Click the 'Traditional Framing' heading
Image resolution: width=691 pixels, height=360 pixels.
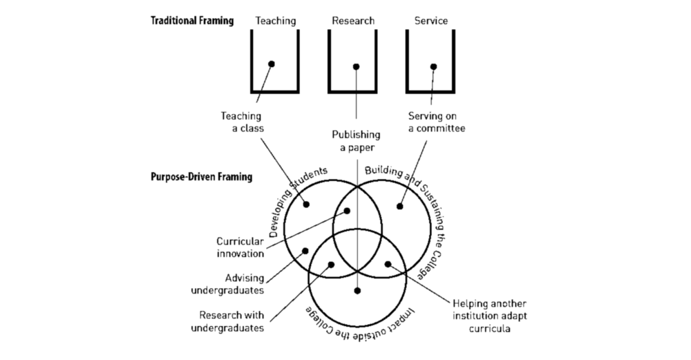coord(192,21)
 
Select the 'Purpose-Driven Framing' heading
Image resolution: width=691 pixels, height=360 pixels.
coord(201,177)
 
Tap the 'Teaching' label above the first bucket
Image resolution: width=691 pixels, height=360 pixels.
coord(276,21)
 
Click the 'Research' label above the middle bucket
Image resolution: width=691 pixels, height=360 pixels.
coord(353,21)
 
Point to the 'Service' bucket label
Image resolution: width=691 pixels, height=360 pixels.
coord(431,21)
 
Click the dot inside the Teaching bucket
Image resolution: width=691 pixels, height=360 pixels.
coord(272,64)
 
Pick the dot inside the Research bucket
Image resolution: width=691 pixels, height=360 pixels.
coord(356,66)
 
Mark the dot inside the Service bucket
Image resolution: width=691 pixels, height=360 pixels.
coord(434,66)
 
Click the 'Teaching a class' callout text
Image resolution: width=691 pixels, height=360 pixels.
coord(241,122)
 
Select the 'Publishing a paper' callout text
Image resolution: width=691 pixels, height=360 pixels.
coord(356,141)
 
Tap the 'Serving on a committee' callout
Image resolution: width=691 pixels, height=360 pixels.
coord(436,122)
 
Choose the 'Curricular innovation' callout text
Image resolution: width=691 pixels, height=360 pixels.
coord(240,247)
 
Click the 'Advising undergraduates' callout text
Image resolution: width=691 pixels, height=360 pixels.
coord(227,284)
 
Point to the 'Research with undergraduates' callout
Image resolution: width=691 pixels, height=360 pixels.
coord(227,322)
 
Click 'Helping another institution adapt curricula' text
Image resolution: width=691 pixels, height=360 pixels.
coord(490,316)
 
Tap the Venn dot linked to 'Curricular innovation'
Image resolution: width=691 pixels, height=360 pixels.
coord(347,211)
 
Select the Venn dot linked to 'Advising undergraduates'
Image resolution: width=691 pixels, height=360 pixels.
coord(305,251)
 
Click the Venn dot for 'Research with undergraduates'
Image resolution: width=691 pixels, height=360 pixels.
coord(331,265)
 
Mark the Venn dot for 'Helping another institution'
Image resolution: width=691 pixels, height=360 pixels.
coord(388,264)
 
